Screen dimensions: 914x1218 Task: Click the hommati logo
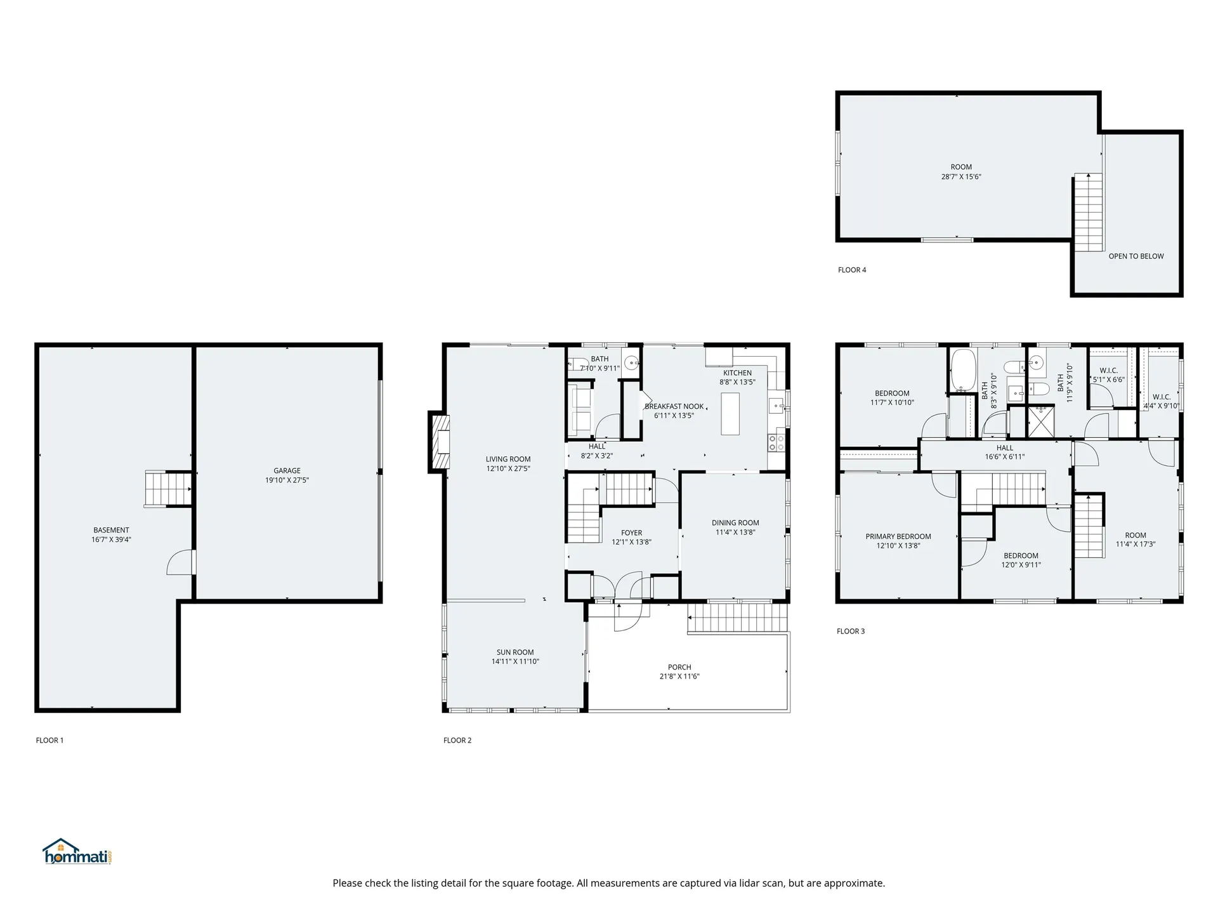[77, 852]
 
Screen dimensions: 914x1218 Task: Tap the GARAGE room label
[287, 470]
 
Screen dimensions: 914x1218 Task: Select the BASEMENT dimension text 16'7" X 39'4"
[111, 540]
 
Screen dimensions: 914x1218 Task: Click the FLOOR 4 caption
[851, 270]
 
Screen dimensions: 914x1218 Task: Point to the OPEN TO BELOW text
[1136, 256]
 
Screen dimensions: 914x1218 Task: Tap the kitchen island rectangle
[730, 413]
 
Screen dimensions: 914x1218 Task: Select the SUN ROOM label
[514, 652]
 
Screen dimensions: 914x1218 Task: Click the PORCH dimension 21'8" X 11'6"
[679, 677]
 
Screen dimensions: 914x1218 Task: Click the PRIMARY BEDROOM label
[898, 536]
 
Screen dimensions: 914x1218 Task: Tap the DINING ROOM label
[735, 523]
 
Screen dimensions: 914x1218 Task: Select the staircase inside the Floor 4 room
[1088, 213]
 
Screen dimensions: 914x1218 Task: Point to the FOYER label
[631, 533]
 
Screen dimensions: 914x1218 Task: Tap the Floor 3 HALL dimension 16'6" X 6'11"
[1004, 457]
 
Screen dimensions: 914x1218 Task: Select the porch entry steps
[737, 618]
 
